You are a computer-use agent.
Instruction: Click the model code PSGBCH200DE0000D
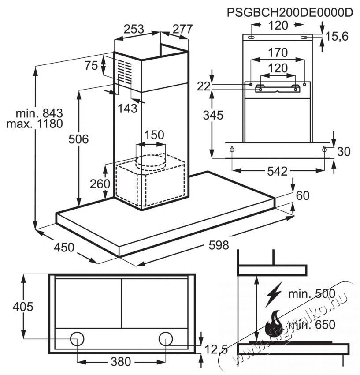(x=289, y=12)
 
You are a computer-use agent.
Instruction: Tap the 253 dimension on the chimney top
(x=134, y=29)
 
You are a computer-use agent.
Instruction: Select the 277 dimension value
(x=182, y=29)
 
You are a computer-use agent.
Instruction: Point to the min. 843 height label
(x=39, y=113)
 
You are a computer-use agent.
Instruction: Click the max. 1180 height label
(x=35, y=124)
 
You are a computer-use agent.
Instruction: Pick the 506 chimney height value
(x=78, y=139)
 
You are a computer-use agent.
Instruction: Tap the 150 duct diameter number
(x=154, y=135)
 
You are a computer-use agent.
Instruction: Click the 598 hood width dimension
(x=219, y=245)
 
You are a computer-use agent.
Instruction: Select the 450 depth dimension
(x=64, y=247)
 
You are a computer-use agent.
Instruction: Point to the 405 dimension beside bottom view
(x=23, y=307)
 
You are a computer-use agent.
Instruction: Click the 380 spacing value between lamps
(x=121, y=362)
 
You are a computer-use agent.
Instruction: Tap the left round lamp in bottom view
(x=77, y=339)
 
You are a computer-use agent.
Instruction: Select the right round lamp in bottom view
(x=166, y=339)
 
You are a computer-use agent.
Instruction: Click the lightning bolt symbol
(x=274, y=295)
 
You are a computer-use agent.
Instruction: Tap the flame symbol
(x=274, y=323)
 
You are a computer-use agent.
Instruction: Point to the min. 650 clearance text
(x=312, y=325)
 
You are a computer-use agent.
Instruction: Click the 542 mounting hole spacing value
(x=277, y=171)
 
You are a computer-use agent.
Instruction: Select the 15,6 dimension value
(x=337, y=37)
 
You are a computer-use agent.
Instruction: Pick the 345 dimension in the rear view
(x=213, y=115)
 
